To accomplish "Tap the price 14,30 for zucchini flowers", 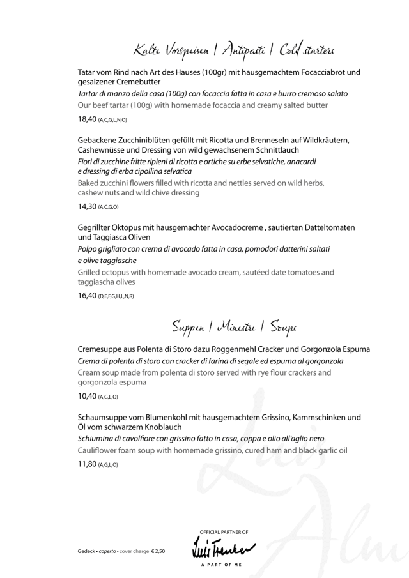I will [86, 207].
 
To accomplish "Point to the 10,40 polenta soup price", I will [86, 396].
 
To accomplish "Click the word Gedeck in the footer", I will [80, 550].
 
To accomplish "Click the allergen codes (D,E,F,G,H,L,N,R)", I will [116, 296].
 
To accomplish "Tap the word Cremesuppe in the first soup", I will [101, 349].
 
